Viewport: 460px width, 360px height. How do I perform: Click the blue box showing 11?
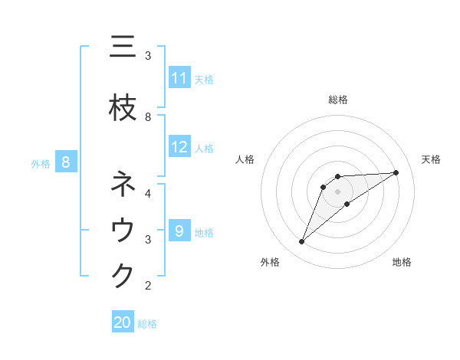point(179,78)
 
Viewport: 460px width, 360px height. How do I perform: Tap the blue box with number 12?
point(179,148)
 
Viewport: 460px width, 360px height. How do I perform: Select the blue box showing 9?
point(179,231)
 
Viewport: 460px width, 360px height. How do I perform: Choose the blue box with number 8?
point(66,162)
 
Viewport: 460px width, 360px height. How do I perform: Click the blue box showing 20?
point(123,322)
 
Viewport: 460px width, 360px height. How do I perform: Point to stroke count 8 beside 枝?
point(148,117)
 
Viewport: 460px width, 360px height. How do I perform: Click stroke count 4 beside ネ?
point(148,193)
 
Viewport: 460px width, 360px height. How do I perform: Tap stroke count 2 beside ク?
point(148,286)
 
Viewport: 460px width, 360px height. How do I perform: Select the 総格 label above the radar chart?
point(337,100)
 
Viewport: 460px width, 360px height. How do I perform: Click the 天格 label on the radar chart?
point(431,159)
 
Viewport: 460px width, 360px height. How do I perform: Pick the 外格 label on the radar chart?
point(270,262)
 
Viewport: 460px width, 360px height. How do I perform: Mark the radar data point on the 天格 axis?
point(396,172)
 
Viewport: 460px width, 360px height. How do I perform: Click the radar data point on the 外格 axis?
point(302,242)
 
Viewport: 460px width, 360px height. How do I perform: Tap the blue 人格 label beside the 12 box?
point(204,149)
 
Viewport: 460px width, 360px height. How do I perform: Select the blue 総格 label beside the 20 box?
point(147,323)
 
